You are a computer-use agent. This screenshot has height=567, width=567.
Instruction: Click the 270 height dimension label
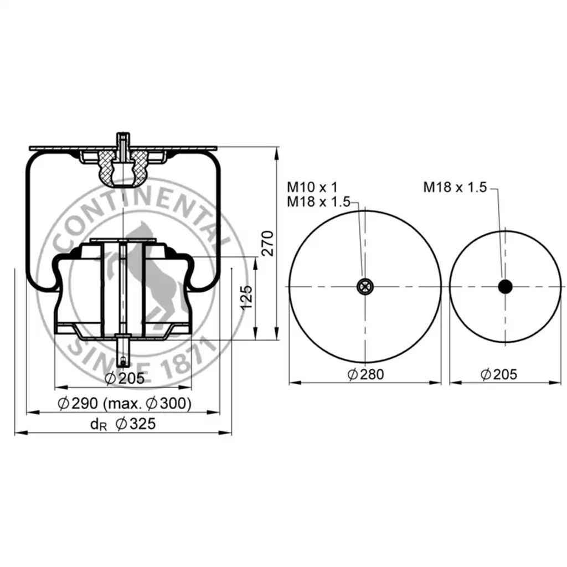pos(268,244)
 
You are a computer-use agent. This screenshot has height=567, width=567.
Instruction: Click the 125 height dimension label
pos(246,297)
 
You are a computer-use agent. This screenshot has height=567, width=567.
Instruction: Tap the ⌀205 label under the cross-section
pos(125,378)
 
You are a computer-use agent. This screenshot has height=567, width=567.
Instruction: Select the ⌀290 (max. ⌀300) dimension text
pos(125,403)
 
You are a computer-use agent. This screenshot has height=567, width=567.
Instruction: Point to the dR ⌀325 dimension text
pos(123,424)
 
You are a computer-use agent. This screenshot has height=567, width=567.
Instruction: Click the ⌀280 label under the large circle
pos(365,374)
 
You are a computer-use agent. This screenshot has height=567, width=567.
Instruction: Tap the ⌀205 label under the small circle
pos(499,374)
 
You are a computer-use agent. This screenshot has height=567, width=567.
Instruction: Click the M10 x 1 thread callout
pos(312,187)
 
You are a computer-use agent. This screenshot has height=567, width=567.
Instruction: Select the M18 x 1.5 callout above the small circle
pos(455,187)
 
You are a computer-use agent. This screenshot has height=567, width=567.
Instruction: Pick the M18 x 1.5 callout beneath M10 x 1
pos(318,202)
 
